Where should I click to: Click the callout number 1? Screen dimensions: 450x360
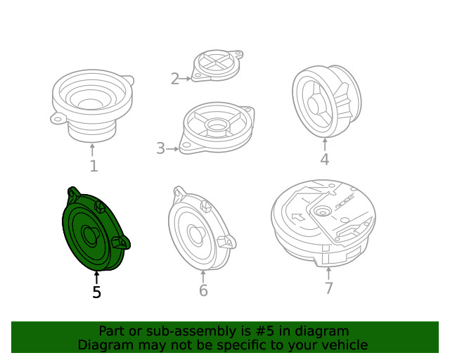pyautogui.click(x=94, y=166)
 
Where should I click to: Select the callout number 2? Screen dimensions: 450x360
pyautogui.click(x=175, y=79)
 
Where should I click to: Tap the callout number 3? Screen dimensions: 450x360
pyautogui.click(x=161, y=148)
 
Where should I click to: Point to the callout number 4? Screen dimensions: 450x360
pyautogui.click(x=325, y=160)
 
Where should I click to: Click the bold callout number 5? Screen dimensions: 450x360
pyautogui.click(x=97, y=292)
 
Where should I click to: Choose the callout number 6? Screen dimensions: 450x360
pyautogui.click(x=203, y=290)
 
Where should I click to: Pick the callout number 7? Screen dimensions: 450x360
pyautogui.click(x=329, y=288)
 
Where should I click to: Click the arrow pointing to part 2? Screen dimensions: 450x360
pyautogui.click(x=185, y=78)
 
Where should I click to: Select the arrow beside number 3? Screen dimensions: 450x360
pyautogui.click(x=172, y=149)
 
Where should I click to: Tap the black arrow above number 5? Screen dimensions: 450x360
pyautogui.click(x=97, y=278)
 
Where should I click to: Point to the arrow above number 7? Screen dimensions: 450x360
pyautogui.click(x=328, y=274)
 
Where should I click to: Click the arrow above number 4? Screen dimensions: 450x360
pyautogui.click(x=325, y=145)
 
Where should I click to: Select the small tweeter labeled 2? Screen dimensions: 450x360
pyautogui.click(x=217, y=65)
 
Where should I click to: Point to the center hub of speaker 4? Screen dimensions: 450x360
pyautogui.click(x=314, y=105)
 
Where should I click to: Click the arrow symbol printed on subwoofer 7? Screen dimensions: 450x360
pyautogui.click(x=298, y=217)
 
